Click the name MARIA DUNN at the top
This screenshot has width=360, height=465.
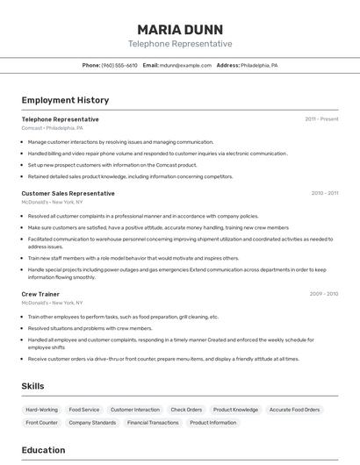[x=180, y=29]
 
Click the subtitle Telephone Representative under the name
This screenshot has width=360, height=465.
[x=180, y=44]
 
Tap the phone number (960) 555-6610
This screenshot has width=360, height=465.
[x=119, y=66]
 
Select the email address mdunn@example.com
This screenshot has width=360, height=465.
[x=186, y=66]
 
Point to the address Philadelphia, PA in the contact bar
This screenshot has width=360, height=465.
[x=259, y=66]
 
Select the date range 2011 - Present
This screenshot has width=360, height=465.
[x=321, y=119]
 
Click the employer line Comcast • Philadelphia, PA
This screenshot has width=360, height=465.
[x=53, y=128]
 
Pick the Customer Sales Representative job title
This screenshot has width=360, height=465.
[x=68, y=193]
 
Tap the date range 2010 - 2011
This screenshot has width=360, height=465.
[x=324, y=193]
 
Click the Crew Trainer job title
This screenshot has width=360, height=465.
[x=40, y=294]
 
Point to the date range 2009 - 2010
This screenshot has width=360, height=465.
[x=324, y=294]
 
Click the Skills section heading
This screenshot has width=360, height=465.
[x=32, y=386]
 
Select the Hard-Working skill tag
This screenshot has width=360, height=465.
[x=41, y=410]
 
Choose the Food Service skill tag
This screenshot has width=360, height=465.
[x=84, y=410]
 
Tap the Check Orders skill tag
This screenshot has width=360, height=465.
[x=186, y=410]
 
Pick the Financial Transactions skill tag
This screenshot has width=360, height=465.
[x=153, y=423]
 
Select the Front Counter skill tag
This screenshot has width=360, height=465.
[x=42, y=423]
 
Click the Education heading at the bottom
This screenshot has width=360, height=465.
[x=43, y=450]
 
